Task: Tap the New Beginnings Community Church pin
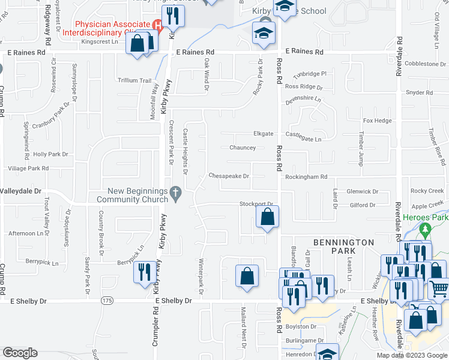coord(175,193)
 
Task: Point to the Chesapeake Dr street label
coord(228,176)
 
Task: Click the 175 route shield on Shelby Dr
coord(107,300)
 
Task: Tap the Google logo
coord(20,353)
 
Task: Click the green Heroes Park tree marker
coord(426,229)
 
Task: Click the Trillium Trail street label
coord(134,80)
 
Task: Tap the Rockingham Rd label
coord(306,177)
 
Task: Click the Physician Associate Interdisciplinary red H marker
coord(158,25)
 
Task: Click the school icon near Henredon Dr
coord(327,353)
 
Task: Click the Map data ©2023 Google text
coord(411,355)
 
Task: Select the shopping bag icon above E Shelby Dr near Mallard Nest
coord(247,277)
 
